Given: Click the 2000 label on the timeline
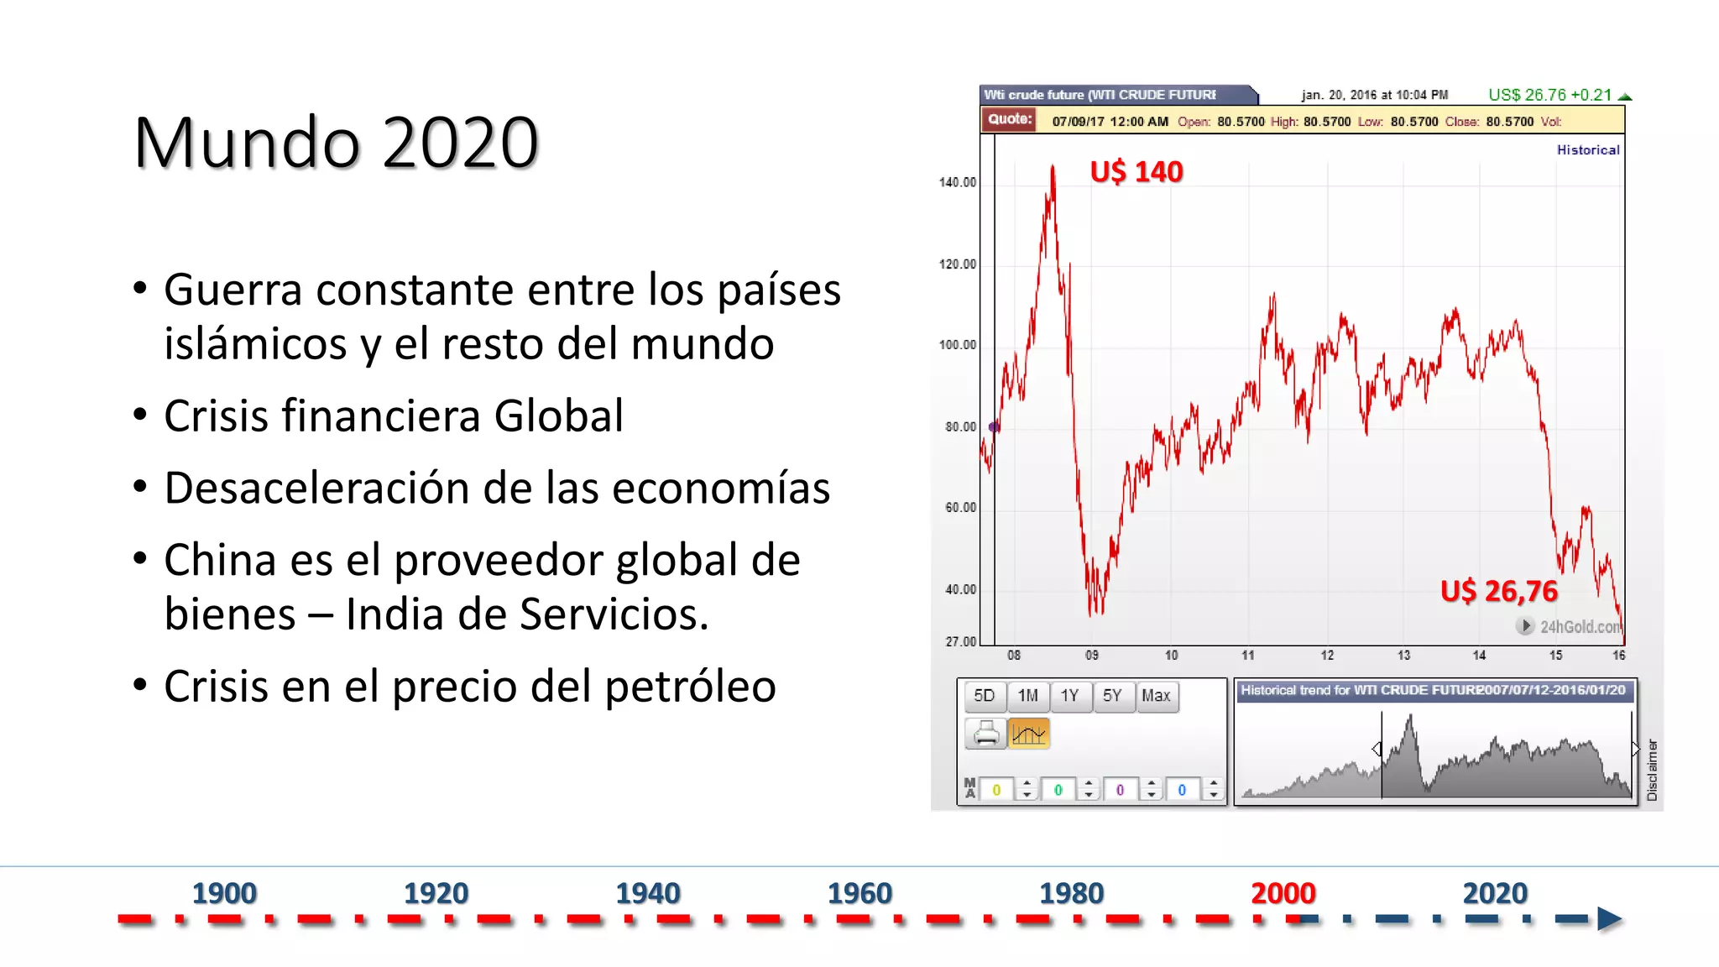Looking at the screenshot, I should click(x=1283, y=893).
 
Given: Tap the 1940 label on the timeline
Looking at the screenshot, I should click(x=647, y=893).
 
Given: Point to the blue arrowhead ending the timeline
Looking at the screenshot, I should click(x=1608, y=919).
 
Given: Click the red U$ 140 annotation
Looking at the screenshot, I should click(x=1136, y=172).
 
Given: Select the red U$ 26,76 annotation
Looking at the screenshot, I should click(x=1498, y=591).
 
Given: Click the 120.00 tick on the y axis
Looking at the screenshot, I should click(x=958, y=264).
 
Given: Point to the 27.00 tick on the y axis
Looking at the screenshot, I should click(x=961, y=642).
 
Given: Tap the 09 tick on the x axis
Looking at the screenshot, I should click(x=1091, y=656).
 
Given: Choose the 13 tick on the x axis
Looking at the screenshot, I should click(x=1403, y=656).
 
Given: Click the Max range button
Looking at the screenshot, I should click(x=1156, y=696).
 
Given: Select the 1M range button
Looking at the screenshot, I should click(x=1027, y=696).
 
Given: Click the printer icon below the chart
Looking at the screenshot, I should click(x=985, y=734).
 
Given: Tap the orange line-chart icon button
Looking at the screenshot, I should click(x=1028, y=734).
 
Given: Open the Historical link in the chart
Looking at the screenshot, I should click(x=1587, y=150).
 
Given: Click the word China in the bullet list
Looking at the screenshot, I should click(x=219, y=560).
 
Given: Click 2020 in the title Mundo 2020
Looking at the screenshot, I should click(x=460, y=143).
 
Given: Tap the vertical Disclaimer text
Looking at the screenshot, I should click(x=1652, y=769).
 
